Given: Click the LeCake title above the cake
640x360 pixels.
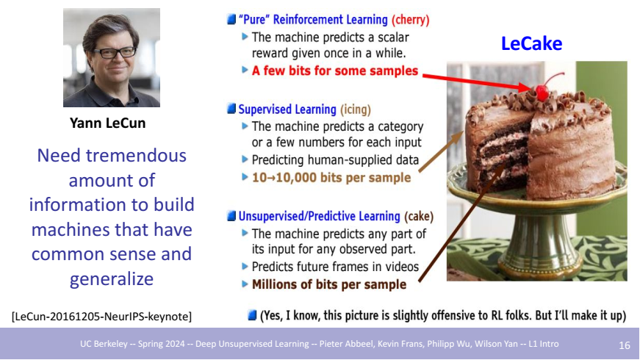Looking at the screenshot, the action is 531,43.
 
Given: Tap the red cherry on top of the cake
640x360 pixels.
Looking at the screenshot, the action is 542,93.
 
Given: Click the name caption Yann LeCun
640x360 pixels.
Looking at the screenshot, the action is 108,123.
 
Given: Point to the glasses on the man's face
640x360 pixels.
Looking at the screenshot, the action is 115,53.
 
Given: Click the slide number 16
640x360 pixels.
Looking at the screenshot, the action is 625,346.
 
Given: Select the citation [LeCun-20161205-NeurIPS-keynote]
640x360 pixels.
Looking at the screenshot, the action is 101,317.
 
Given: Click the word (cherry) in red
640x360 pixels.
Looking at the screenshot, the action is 410,20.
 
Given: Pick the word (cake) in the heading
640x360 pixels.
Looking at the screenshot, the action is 419,216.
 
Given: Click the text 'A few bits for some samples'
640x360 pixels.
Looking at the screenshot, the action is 334,71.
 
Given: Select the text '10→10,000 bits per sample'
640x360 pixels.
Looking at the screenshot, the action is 331,178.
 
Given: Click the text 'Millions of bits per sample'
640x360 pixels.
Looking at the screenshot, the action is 329,284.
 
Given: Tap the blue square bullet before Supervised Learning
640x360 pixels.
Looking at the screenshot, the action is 231,109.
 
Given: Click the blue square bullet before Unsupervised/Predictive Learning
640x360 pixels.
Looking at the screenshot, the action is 231,215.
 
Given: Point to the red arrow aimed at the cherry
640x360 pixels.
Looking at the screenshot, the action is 477,82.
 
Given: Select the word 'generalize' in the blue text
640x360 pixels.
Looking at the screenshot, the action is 112,279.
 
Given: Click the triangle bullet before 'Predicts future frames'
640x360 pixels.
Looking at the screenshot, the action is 245,266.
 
